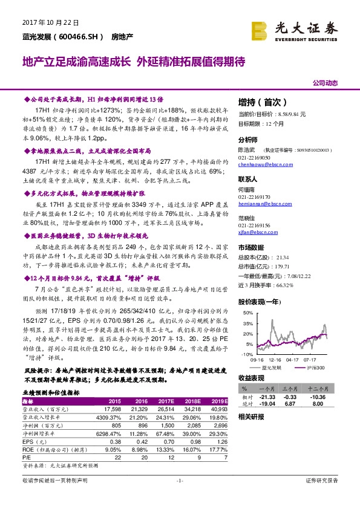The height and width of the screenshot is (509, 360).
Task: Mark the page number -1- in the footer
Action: (179, 497)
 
